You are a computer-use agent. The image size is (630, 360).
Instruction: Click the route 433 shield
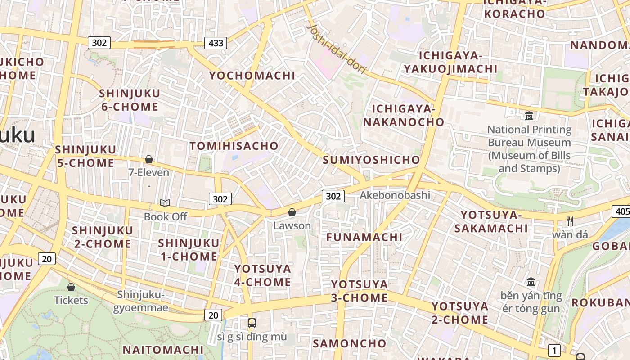(x=216, y=43)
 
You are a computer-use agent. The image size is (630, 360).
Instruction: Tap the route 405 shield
(x=621, y=211)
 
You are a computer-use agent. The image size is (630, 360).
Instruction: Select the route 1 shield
(x=554, y=350)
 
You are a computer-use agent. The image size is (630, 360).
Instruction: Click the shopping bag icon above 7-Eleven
(x=149, y=159)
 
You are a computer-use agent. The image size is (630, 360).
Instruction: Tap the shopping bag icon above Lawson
(x=292, y=212)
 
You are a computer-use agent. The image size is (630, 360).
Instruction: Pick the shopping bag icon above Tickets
(x=71, y=287)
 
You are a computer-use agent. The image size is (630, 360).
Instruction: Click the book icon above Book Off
(x=165, y=203)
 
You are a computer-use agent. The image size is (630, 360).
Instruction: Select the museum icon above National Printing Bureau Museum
(x=529, y=116)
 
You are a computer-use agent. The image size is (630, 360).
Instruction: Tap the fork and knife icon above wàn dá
(x=570, y=221)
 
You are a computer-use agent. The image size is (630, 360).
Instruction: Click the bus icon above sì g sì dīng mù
(x=252, y=323)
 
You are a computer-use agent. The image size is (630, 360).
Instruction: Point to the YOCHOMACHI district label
(x=252, y=76)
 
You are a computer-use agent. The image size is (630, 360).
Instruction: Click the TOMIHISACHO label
(x=234, y=146)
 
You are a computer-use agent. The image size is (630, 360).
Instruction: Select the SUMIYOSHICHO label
(x=371, y=160)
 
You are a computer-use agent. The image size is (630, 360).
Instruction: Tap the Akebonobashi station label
(x=395, y=195)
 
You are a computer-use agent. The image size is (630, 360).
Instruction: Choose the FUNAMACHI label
(x=364, y=237)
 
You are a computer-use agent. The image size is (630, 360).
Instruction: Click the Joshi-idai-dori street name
(x=336, y=49)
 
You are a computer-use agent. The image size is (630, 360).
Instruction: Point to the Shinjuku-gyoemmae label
(x=141, y=301)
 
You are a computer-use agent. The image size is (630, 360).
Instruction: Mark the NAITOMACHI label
(x=163, y=350)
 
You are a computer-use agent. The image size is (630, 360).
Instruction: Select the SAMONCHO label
(x=350, y=343)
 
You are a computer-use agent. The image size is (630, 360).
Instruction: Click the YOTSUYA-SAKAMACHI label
(x=491, y=221)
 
